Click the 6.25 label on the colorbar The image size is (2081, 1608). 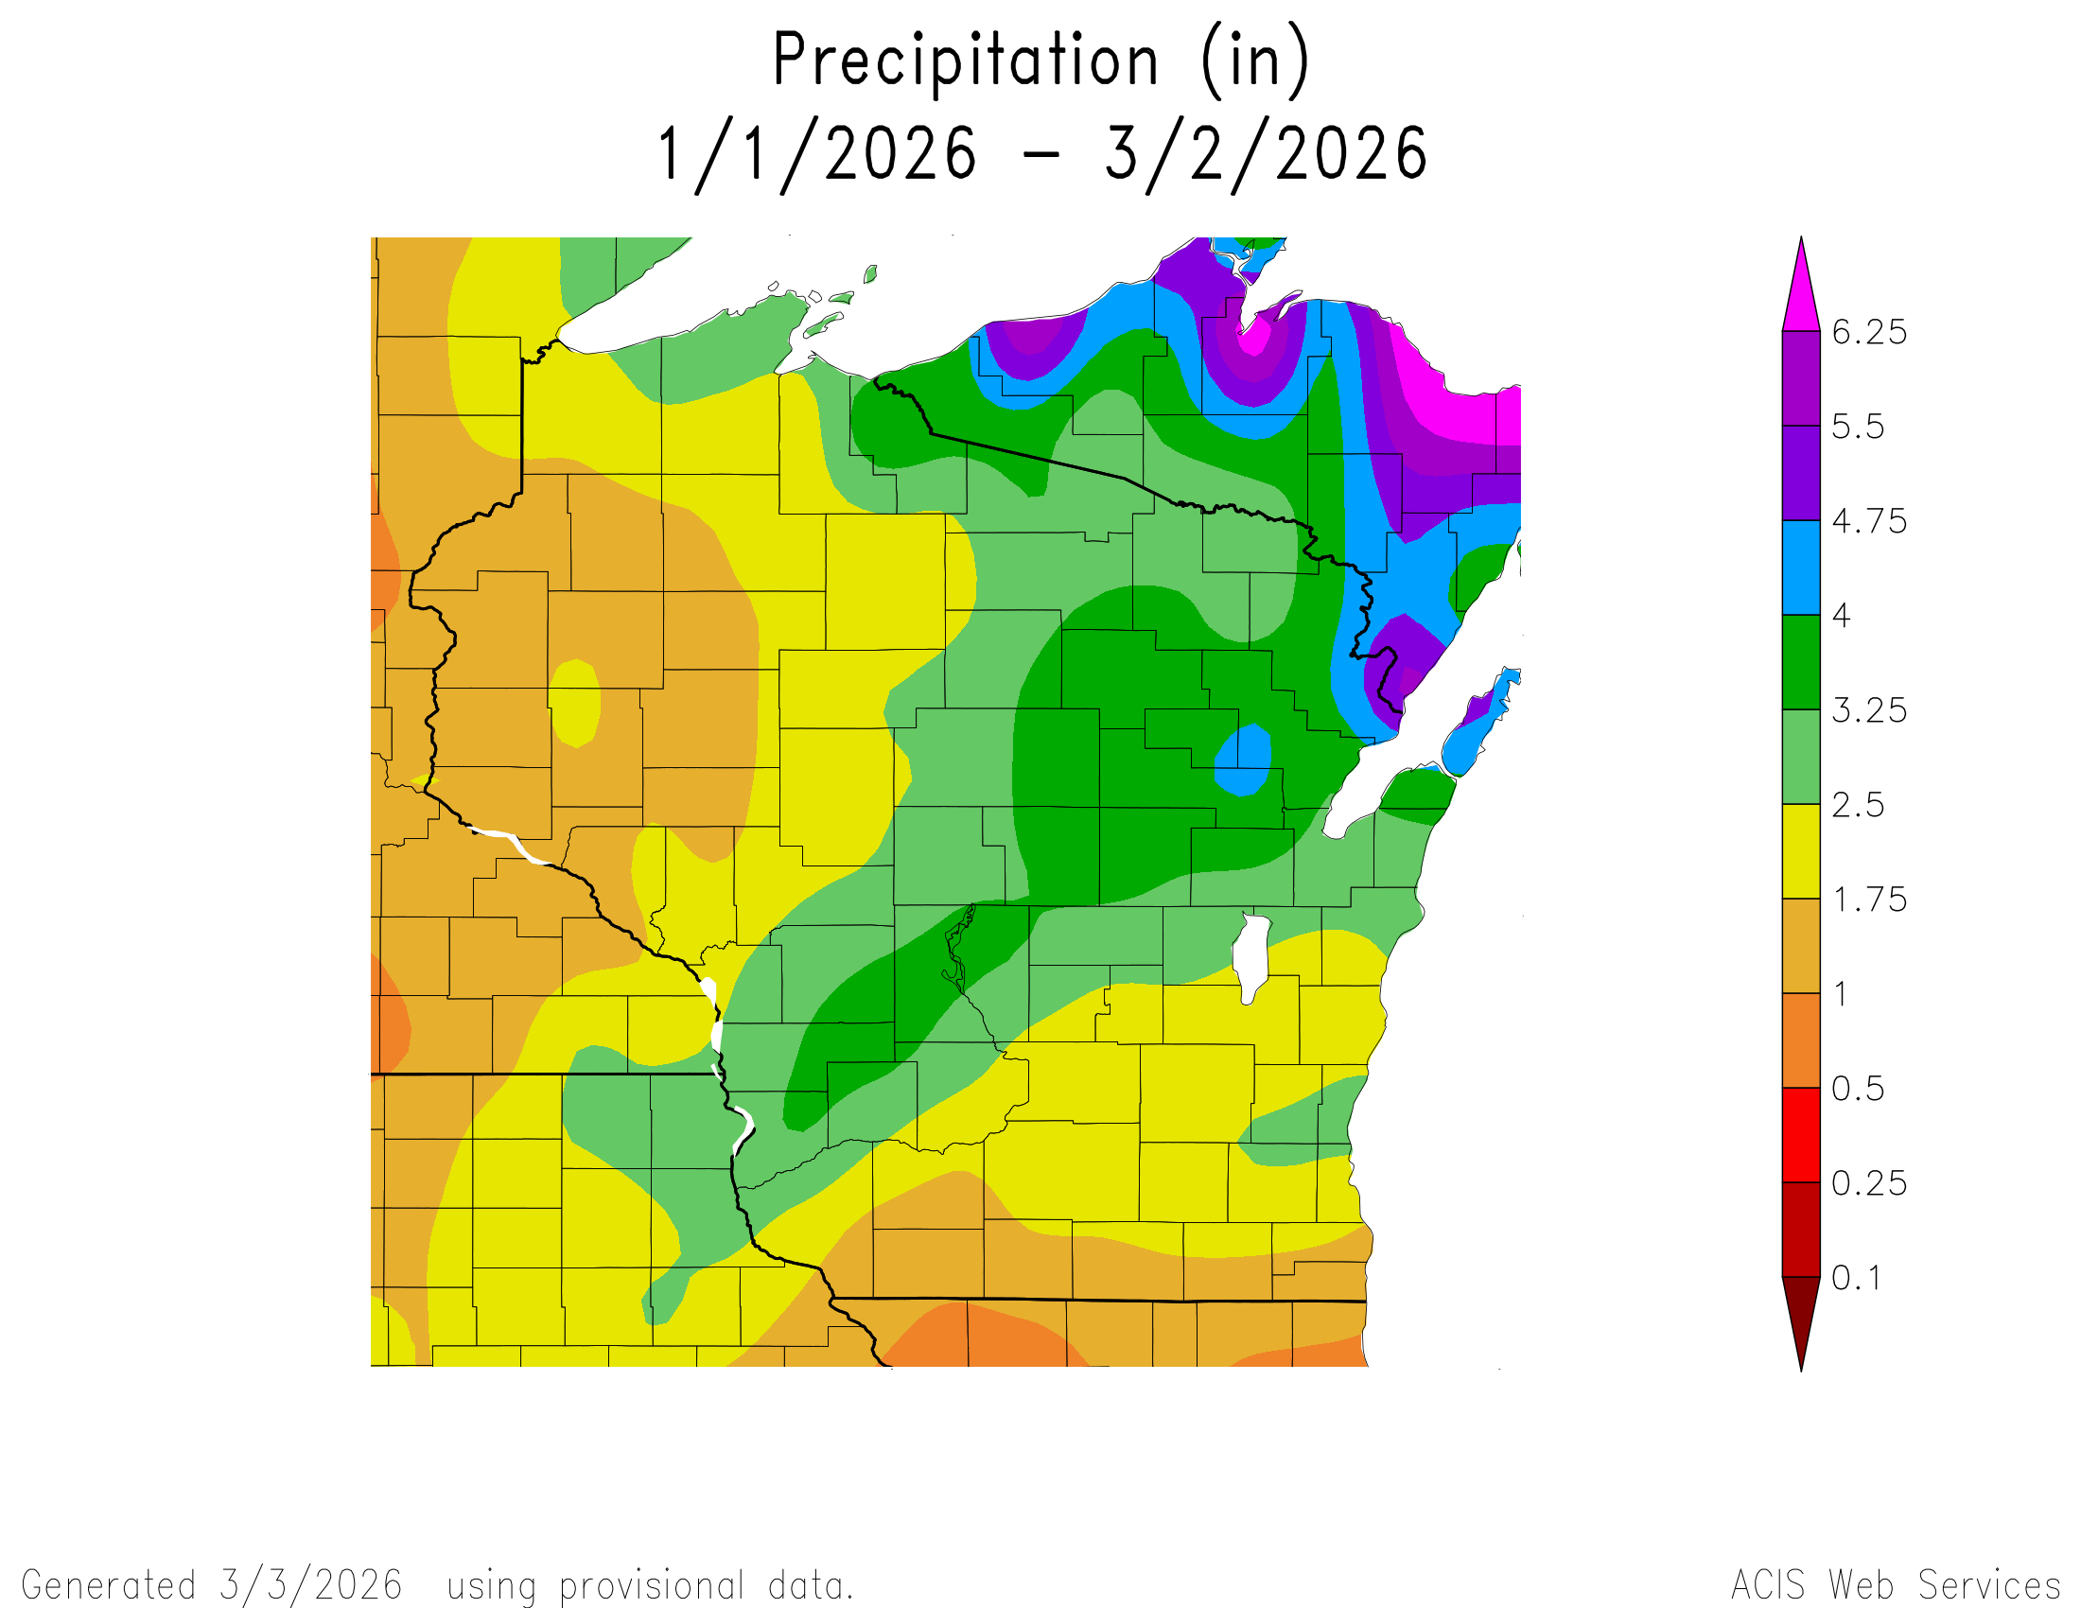1868,332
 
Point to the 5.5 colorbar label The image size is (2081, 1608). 1857,427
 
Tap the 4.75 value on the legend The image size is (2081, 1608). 1868,521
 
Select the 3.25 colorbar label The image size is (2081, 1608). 1868,710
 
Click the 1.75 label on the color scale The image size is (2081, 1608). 1868,900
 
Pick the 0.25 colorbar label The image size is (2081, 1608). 1868,1183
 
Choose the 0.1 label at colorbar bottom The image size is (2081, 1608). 1856,1278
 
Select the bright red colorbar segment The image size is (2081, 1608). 1801,1135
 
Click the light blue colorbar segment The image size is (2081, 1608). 1801,568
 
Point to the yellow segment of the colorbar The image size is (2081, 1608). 1801,851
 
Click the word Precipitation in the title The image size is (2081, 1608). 965,61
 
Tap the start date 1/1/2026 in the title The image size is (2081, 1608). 817,154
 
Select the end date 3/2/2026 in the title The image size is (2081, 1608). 1266,154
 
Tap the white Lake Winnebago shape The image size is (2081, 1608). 1251,956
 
